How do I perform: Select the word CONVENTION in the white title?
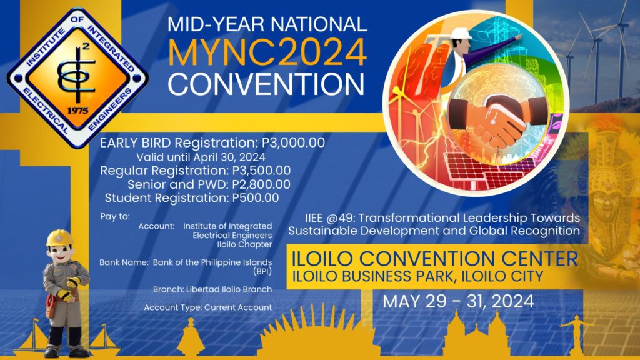pyautogui.click(x=266, y=84)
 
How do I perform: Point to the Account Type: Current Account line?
pyautogui.click(x=207, y=307)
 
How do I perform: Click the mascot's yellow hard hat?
pyautogui.click(x=60, y=237)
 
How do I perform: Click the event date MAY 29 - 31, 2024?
pyautogui.click(x=458, y=302)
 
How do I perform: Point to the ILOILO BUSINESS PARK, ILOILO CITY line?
pyautogui.click(x=415, y=276)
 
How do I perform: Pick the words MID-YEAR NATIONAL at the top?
pyautogui.click(x=267, y=25)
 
